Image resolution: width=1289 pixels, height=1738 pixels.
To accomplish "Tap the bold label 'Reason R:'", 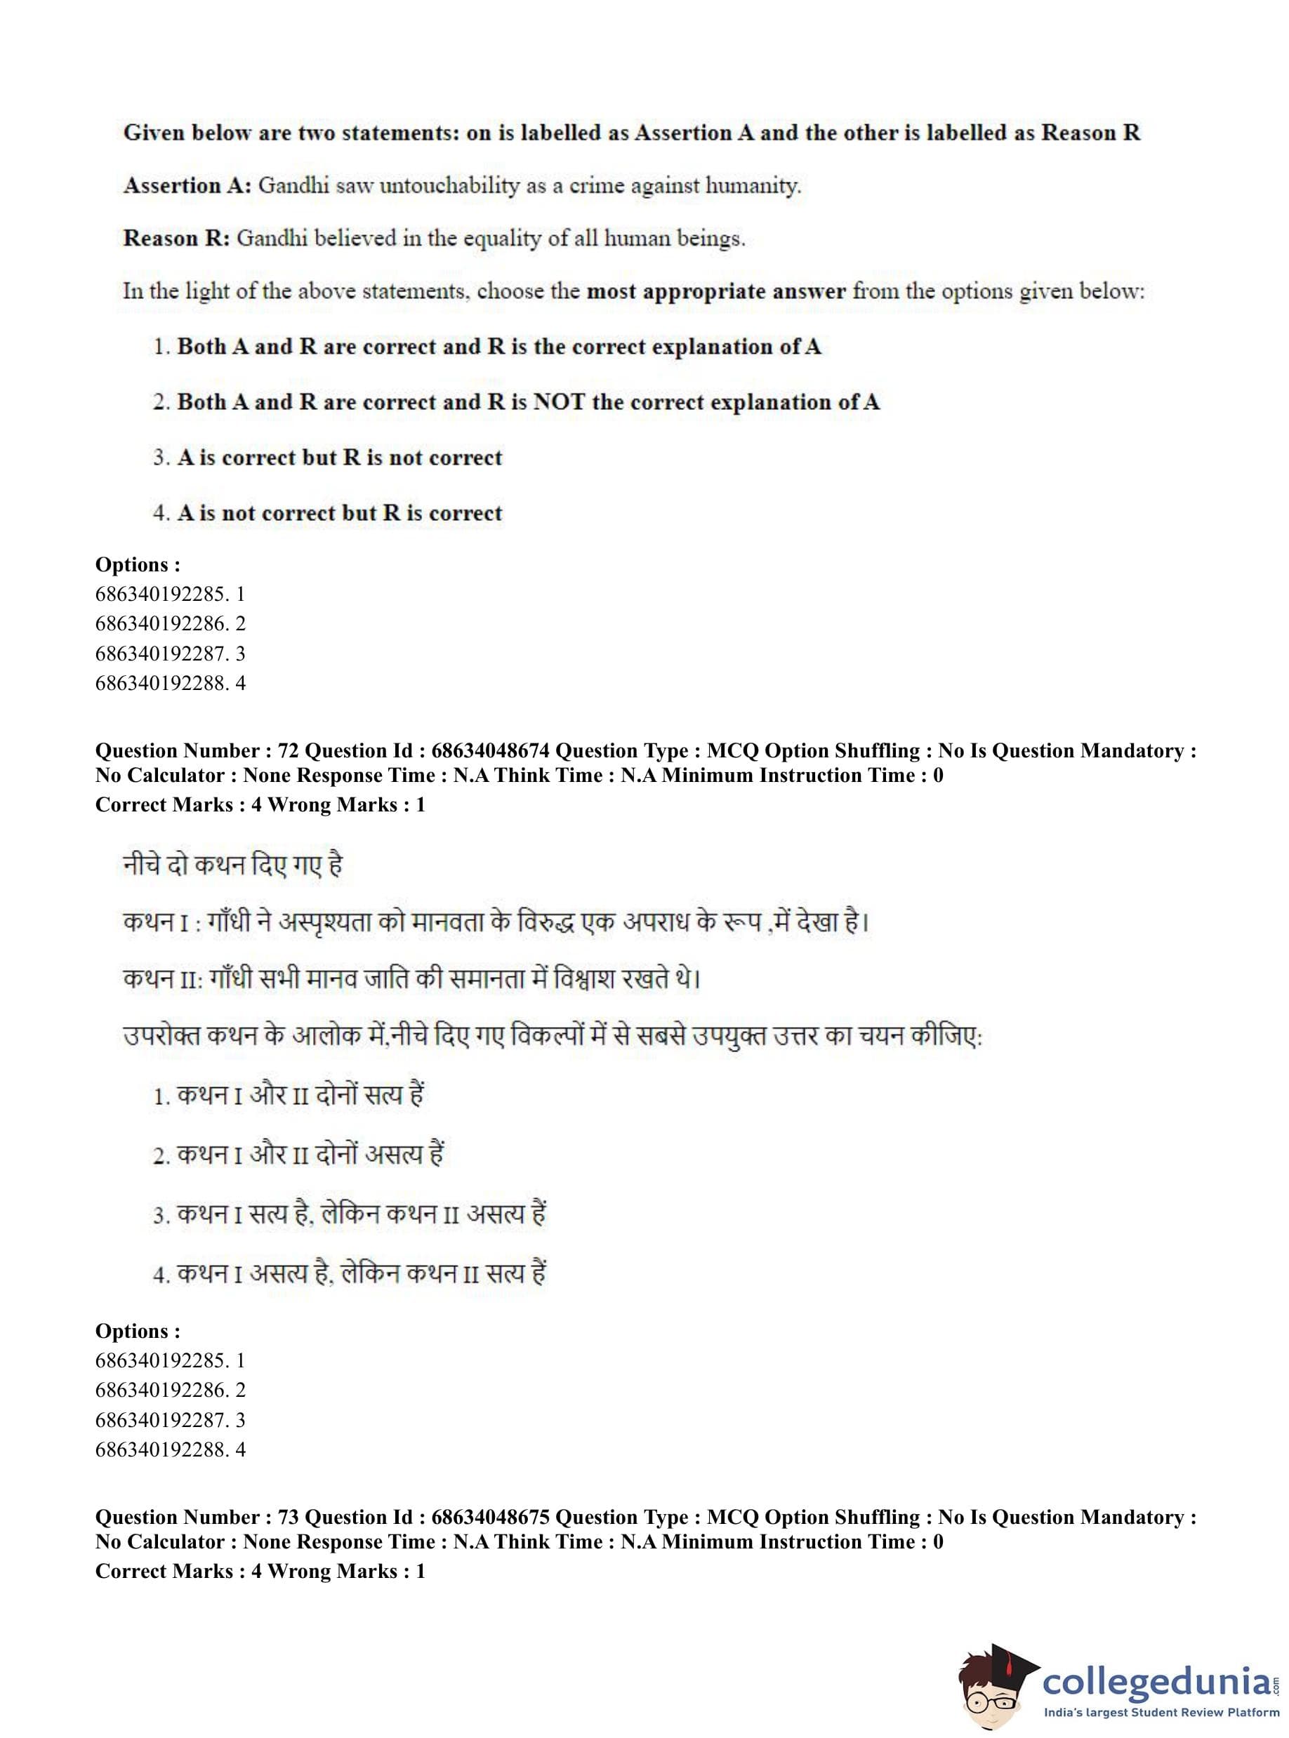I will coord(176,238).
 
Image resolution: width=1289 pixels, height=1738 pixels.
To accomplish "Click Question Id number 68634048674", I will coord(490,750).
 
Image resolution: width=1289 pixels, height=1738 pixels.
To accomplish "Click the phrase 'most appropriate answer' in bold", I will coord(715,292).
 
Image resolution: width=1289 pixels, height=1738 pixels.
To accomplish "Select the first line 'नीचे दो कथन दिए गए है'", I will coord(232,865).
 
